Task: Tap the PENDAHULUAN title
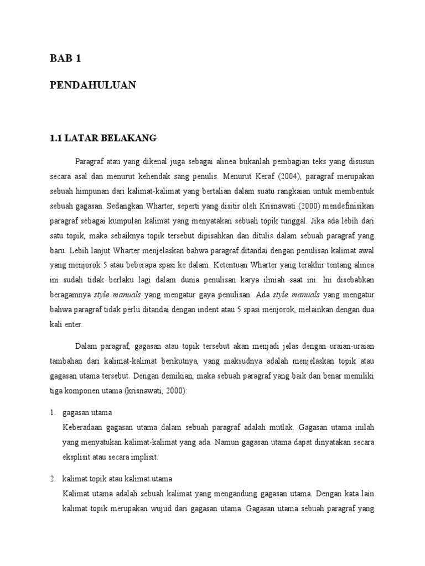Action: tap(92, 85)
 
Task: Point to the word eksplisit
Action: tap(78, 457)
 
